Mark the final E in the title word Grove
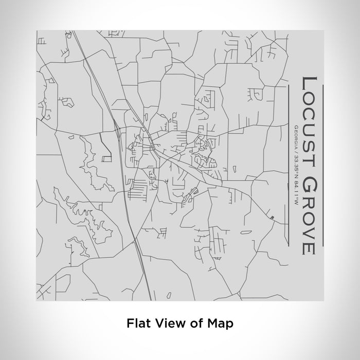[x=308, y=248]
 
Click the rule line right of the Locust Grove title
[x=322, y=165]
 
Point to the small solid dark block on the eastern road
[x=272, y=218]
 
